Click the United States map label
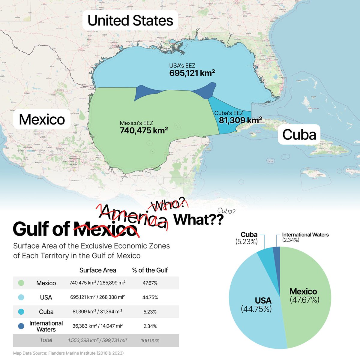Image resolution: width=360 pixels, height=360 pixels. [x=130, y=21]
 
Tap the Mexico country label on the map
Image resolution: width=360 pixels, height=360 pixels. [x=42, y=119]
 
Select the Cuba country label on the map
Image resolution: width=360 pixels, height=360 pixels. [x=299, y=134]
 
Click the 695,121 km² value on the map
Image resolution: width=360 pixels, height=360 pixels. [x=192, y=73]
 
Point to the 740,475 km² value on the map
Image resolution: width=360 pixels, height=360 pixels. [x=144, y=130]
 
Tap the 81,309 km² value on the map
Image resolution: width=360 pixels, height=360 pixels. [x=240, y=120]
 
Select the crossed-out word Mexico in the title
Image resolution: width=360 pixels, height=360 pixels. [x=105, y=229]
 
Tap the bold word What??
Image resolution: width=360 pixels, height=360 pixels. [x=199, y=220]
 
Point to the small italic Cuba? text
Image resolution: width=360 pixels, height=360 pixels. [x=226, y=211]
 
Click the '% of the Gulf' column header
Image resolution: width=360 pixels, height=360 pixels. [x=150, y=270]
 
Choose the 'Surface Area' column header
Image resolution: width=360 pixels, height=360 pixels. [x=97, y=270]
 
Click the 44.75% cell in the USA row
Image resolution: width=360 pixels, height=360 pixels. [x=150, y=297]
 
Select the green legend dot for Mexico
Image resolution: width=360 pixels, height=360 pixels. [x=21, y=283]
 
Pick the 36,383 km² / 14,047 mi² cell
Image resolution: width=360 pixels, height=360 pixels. [x=97, y=326]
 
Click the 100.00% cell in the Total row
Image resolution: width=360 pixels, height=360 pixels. [x=150, y=340]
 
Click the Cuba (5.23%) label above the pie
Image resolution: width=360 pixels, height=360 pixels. [x=249, y=238]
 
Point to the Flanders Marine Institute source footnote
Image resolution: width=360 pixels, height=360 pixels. [x=68, y=353]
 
